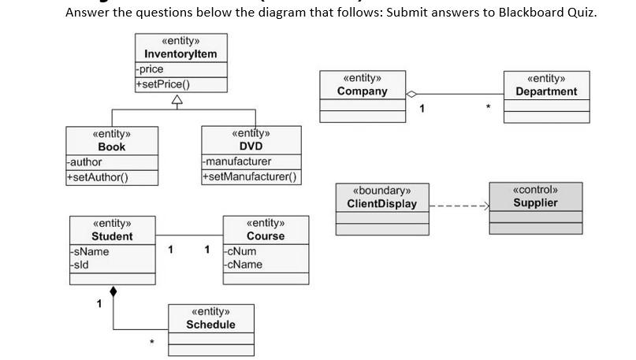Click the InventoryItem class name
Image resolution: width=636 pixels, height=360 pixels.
(180, 54)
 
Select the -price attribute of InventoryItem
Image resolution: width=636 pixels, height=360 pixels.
(150, 69)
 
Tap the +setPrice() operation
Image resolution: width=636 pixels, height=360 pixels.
(163, 84)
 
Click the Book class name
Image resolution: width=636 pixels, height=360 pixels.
(111, 147)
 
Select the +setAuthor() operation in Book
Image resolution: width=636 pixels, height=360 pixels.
(98, 176)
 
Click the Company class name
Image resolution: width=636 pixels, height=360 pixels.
(362, 91)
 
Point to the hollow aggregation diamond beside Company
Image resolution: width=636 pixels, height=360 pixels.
(411, 95)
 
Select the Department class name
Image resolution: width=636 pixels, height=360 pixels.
(546, 91)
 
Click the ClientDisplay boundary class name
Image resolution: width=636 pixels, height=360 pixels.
(381, 204)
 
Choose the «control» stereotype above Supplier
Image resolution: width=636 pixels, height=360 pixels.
(535, 190)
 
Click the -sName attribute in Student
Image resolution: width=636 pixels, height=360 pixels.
(89, 251)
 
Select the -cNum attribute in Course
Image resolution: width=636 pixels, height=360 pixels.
(240, 251)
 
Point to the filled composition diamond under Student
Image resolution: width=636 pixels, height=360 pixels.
(113, 292)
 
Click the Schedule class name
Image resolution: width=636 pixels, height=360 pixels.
(210, 325)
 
